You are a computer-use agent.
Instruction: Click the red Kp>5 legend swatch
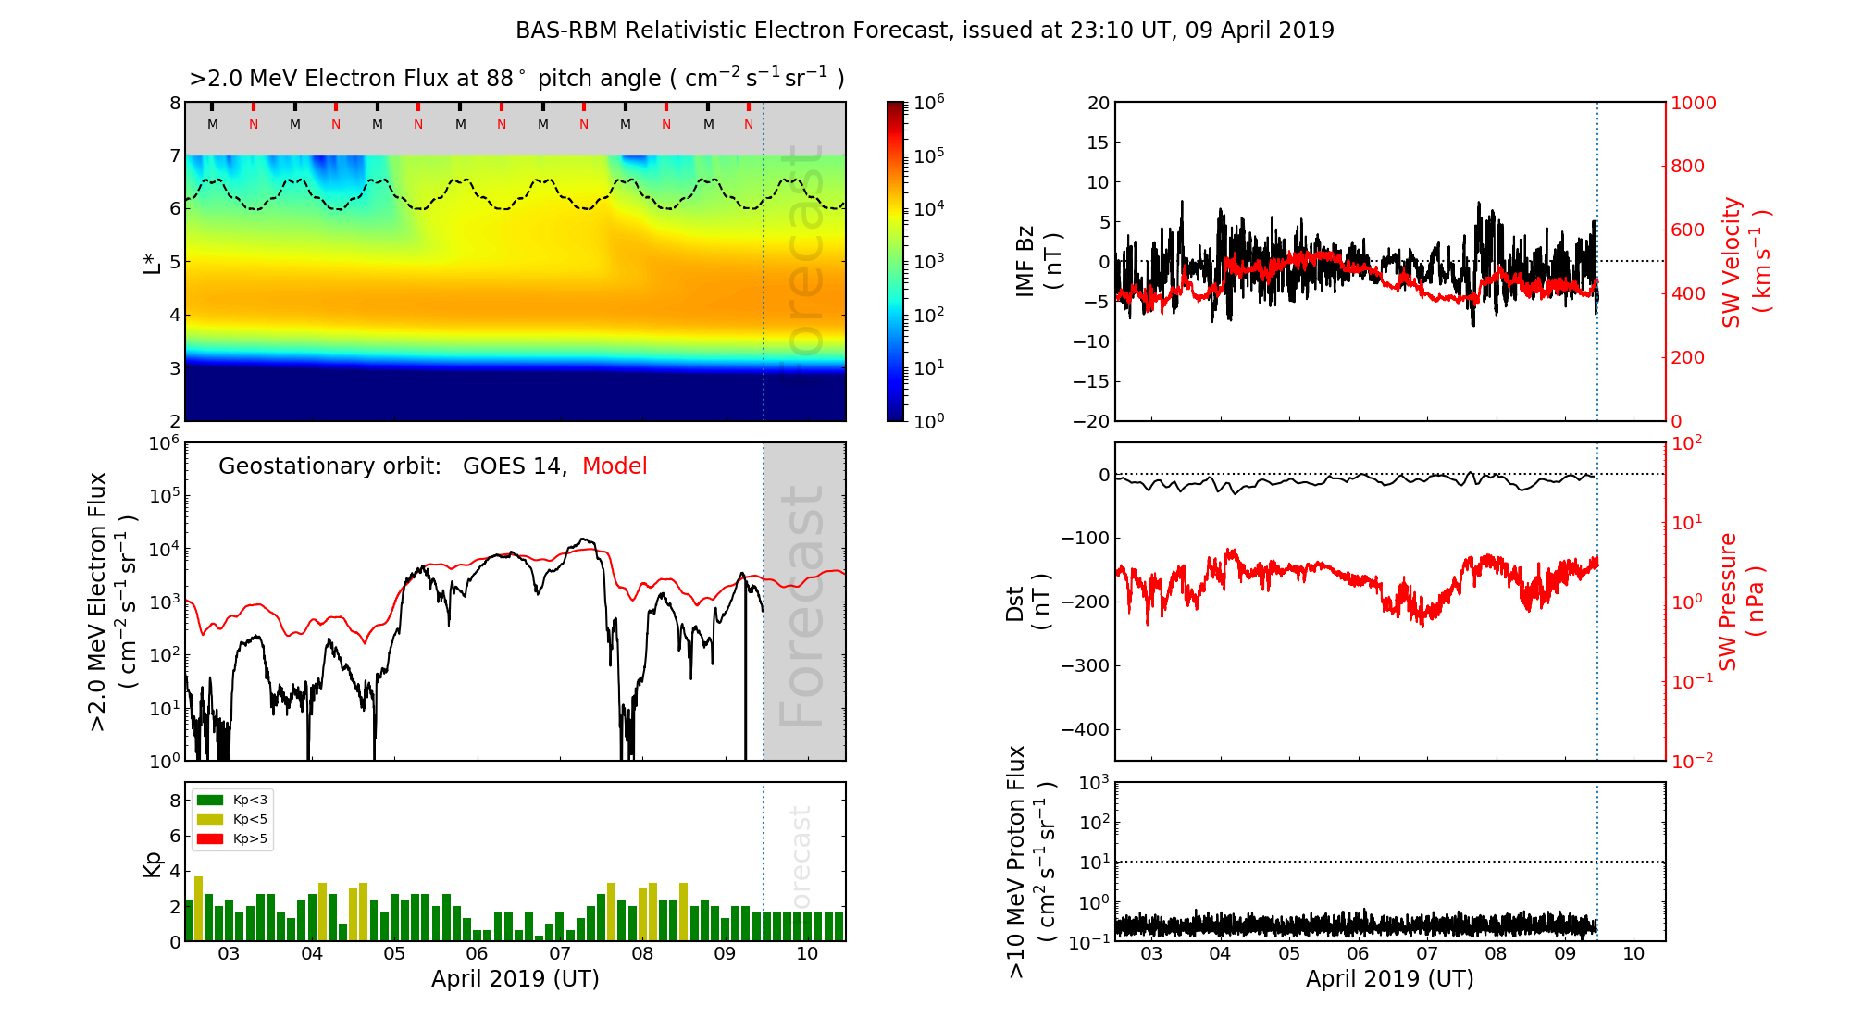coord(210,839)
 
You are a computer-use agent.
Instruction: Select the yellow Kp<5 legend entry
coord(210,819)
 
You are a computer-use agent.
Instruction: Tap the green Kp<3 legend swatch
coord(210,800)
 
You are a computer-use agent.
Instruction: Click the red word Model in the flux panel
coord(615,466)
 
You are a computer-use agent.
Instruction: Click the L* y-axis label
coord(153,261)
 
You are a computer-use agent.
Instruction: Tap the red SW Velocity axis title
coord(1745,261)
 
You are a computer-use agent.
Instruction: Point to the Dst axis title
coord(1027,602)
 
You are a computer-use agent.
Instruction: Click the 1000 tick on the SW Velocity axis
coord(1693,103)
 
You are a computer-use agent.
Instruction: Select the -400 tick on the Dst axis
coord(1084,729)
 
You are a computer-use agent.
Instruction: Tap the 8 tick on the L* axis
coord(174,103)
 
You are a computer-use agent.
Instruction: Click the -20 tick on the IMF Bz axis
coord(1091,421)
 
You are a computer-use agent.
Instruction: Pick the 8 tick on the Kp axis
coord(174,801)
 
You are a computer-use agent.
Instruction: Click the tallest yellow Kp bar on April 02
coord(198,907)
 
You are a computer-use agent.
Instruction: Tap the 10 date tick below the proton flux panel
coord(1634,953)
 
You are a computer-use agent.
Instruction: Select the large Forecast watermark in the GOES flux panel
coord(802,606)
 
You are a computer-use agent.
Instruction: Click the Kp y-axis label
coord(153,864)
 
